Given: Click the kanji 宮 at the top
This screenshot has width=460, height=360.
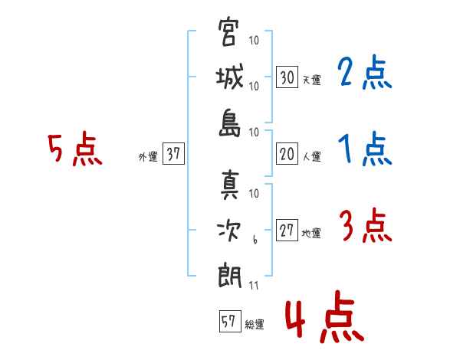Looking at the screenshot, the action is click(228, 32).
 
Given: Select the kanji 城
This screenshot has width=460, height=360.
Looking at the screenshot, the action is click(229, 77).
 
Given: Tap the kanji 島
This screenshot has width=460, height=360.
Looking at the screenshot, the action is click(229, 123).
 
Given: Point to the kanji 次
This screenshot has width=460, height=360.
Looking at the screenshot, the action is click(228, 231).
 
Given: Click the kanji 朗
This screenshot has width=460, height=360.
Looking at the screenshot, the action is click(229, 277).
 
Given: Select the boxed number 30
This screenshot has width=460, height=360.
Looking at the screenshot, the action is click(287, 77).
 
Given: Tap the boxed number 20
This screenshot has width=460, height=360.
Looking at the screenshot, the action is click(287, 154).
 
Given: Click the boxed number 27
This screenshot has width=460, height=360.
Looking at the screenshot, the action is click(287, 230).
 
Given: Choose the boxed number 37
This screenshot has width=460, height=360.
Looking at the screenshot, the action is click(173, 153).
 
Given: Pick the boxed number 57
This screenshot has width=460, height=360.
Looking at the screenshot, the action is click(230, 321).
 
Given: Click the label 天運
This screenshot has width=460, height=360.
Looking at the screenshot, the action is click(311, 80).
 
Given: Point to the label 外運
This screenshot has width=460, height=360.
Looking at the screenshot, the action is click(148, 156).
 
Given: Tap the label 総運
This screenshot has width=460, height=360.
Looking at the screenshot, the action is click(255, 325).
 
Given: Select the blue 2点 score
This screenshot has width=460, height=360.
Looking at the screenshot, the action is click(364, 72).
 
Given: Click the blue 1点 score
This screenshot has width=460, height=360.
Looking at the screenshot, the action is click(365, 149).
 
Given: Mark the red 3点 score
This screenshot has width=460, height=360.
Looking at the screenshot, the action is click(366, 225).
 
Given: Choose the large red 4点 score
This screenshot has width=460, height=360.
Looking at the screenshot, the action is click(324, 316).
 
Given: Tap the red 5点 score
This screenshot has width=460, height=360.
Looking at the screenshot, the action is click(75, 149).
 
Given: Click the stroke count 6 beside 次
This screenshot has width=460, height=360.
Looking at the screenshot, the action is click(255, 240).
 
